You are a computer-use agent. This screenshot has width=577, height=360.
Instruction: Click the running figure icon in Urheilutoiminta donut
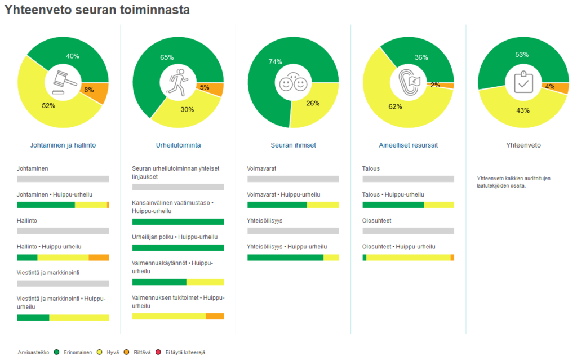[x=178, y=81]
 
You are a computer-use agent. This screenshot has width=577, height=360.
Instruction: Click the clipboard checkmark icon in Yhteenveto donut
[x=522, y=82]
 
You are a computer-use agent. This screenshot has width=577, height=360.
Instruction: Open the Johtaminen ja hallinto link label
[x=63, y=145]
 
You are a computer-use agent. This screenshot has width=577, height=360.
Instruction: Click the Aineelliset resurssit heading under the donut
[x=408, y=145]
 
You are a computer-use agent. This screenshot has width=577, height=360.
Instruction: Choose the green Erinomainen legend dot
[x=57, y=352]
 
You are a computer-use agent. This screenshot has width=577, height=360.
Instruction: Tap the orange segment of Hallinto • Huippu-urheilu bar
[x=99, y=257]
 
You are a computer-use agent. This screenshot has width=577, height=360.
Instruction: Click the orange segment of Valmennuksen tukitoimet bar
[x=215, y=316]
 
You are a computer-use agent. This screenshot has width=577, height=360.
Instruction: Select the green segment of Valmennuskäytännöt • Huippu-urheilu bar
[x=159, y=282]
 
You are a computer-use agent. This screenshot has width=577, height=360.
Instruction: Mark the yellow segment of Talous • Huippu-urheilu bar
[x=438, y=205]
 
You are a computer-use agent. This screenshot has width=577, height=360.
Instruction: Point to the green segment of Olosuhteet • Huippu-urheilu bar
[x=364, y=257]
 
